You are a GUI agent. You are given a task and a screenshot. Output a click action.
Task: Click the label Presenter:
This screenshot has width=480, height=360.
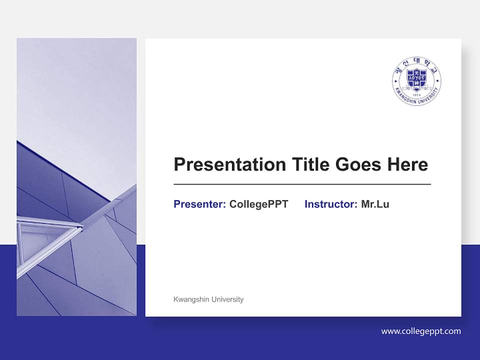199,204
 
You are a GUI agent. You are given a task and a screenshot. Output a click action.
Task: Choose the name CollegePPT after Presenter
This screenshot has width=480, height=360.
258,204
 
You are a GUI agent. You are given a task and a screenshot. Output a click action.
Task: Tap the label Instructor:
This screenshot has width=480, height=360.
330,204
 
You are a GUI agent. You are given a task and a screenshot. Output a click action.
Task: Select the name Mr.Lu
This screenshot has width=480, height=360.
375,204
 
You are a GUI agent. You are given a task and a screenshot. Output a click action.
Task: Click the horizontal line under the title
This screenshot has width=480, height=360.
302,184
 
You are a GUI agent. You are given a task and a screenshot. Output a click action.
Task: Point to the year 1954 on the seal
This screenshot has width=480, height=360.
416,94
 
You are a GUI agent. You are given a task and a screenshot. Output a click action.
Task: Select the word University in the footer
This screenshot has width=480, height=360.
227,299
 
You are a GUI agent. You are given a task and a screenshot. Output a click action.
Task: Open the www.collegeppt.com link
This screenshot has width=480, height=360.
421,331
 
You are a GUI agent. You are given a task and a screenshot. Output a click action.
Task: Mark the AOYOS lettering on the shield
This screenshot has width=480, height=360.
416,78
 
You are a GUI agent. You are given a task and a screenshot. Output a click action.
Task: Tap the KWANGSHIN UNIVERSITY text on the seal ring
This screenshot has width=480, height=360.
416,100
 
